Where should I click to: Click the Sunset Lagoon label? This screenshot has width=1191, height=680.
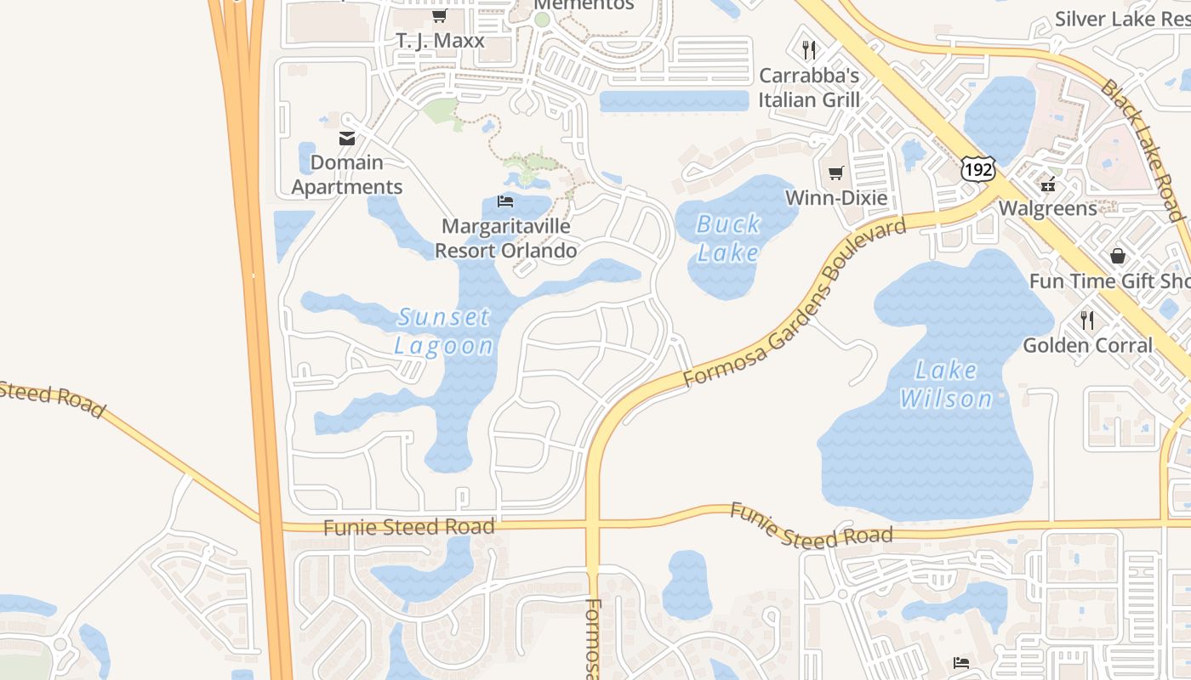(x=443, y=331)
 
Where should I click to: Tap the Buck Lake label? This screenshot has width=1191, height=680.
(x=727, y=239)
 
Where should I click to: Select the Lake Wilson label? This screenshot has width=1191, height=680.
(x=946, y=384)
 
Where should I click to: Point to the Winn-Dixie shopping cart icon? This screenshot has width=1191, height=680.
(x=835, y=173)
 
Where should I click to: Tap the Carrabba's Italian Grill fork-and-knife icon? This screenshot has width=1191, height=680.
(x=809, y=50)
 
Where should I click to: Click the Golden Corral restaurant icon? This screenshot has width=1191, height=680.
(x=1087, y=320)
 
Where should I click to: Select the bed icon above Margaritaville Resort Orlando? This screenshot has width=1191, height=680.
(x=505, y=201)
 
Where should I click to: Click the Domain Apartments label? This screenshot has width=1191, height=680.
(x=347, y=174)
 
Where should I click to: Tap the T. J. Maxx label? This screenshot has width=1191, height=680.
(x=440, y=41)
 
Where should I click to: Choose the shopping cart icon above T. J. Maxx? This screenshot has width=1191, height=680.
(x=439, y=16)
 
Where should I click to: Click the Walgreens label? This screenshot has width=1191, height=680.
(x=1047, y=208)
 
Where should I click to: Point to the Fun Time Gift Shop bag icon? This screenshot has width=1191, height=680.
(x=1117, y=256)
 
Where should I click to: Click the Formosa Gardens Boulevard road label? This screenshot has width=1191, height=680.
(x=795, y=303)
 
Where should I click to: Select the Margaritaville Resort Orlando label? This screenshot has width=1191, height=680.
(x=505, y=239)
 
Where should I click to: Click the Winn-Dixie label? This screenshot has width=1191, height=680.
(x=835, y=198)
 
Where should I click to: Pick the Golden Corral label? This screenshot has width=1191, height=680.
(x=1087, y=345)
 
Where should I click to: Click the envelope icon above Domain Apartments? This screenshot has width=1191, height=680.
(x=347, y=139)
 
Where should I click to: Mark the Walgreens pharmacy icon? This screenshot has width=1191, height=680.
(x=1047, y=184)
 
